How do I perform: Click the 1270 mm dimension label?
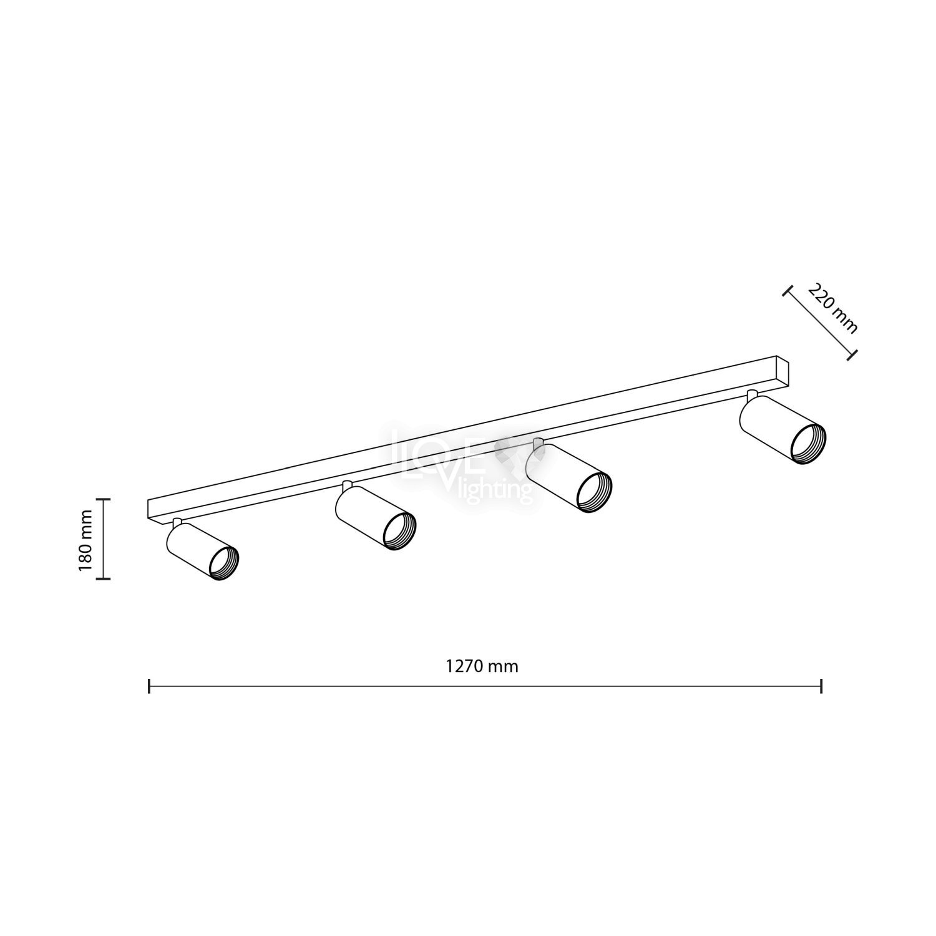tap(482, 666)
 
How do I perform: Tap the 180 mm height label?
tap(86, 540)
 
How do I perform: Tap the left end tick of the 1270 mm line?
tap(149, 686)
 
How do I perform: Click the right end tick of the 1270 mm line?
tap(821, 686)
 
